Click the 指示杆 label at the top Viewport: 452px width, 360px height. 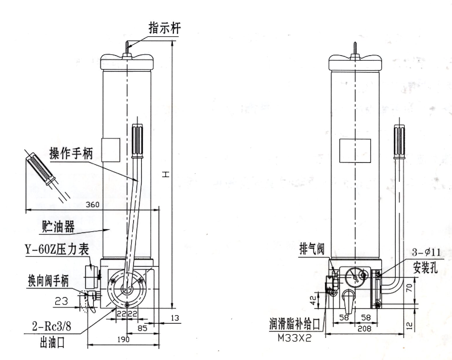pyautogui.click(x=165, y=28)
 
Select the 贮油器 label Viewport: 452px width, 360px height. pyautogui.click(x=57, y=226)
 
